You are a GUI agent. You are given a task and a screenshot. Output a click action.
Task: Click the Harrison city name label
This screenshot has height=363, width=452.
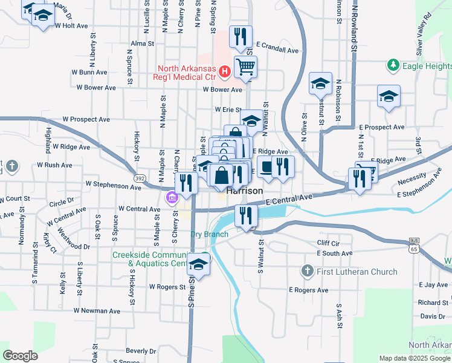[245, 191]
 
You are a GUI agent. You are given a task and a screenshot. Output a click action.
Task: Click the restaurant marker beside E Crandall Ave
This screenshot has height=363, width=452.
[241, 37]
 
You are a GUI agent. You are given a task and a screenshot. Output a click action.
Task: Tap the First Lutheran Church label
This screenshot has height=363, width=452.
[357, 272]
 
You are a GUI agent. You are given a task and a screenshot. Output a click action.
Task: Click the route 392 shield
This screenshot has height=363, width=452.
[139, 178]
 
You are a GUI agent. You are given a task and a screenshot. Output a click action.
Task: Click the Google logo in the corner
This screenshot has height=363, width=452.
[20, 356]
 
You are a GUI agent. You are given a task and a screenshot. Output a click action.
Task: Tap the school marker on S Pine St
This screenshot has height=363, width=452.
[198, 264]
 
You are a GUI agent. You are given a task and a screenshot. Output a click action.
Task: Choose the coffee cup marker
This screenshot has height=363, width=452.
[266, 166]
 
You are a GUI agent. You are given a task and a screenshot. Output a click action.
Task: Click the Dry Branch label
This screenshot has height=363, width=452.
[209, 234]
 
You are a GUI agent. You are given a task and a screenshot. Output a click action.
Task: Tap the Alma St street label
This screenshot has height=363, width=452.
[143, 44]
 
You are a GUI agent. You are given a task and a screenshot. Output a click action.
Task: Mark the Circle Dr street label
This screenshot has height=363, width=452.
[62, 198]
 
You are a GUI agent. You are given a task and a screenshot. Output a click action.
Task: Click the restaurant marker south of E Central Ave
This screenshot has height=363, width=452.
[246, 215]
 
